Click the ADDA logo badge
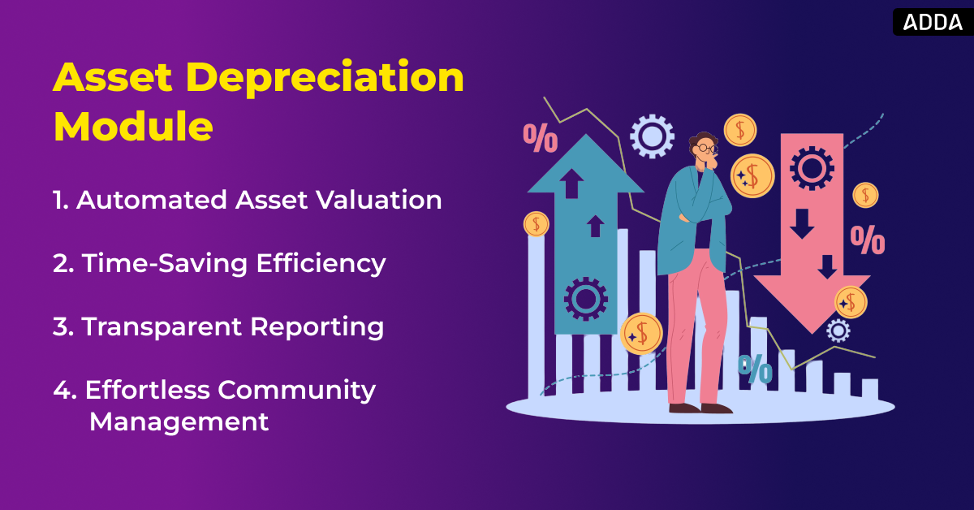click(x=933, y=21)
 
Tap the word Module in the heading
click(x=133, y=126)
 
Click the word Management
click(x=179, y=421)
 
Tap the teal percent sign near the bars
click(x=755, y=369)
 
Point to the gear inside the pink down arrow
click(x=811, y=168)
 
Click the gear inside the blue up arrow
click(x=585, y=298)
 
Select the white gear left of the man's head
click(x=652, y=136)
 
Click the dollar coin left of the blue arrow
click(x=536, y=223)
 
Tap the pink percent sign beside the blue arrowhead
click(x=540, y=138)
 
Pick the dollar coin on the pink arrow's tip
click(x=851, y=302)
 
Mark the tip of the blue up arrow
click(x=585, y=138)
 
